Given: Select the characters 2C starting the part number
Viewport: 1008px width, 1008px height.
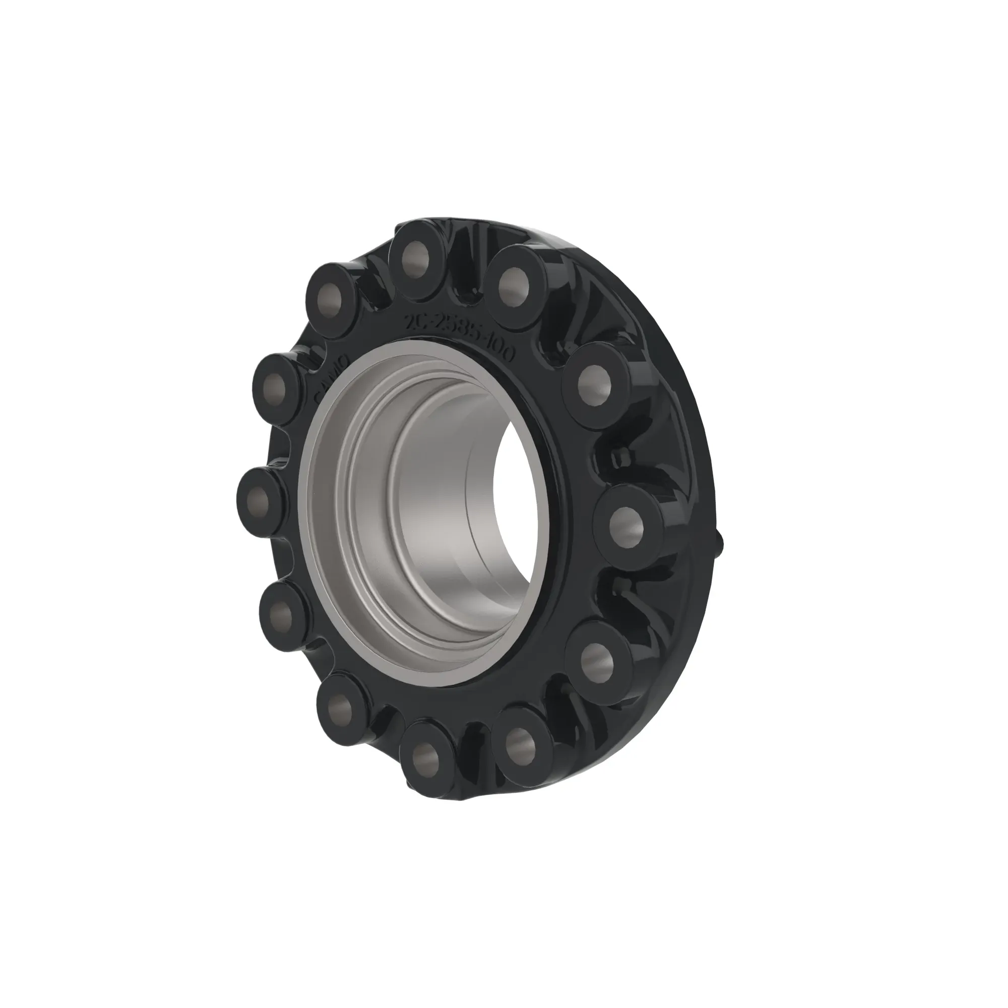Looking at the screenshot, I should [416, 321].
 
